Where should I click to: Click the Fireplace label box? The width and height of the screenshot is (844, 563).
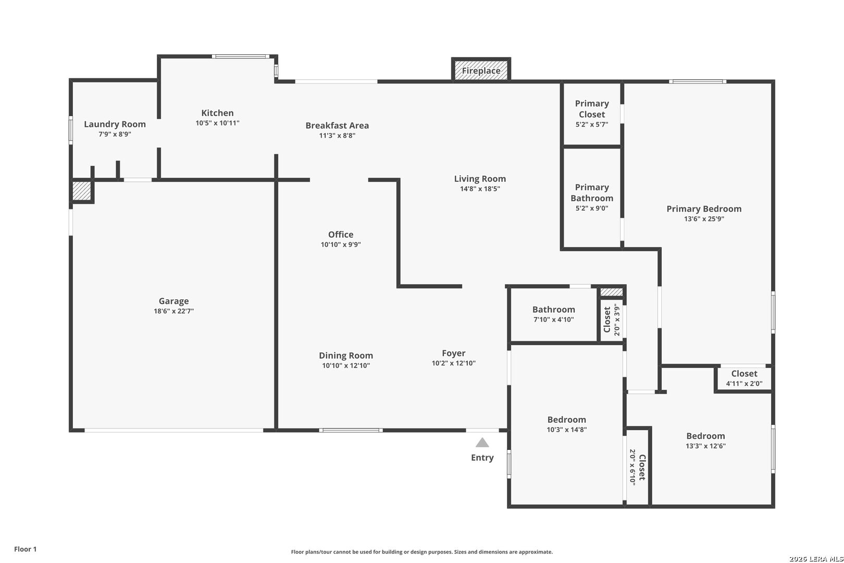[481, 70]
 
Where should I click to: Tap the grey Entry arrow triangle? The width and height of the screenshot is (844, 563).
[482, 443]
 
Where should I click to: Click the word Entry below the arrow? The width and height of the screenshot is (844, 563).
[482, 458]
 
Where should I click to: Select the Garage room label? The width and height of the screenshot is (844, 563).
[173, 301]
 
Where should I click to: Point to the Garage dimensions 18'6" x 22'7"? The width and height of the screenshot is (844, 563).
[173, 311]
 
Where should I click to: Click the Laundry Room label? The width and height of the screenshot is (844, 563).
[115, 124]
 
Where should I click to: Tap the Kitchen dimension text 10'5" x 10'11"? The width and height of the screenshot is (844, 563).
[217, 123]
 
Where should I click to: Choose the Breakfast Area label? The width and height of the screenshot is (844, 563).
[337, 125]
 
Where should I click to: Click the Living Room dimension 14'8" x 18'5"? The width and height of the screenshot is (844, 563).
[480, 189]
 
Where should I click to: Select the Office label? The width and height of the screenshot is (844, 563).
[341, 235]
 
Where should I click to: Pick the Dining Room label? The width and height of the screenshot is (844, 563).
[346, 356]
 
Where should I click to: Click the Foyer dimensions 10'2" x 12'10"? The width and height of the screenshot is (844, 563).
[453, 363]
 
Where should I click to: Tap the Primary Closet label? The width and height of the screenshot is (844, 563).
[592, 109]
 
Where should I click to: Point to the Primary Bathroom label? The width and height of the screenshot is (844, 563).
[592, 193]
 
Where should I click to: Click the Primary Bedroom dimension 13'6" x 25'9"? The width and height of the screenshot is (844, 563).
[704, 219]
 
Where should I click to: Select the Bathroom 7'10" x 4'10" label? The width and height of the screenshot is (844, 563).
[553, 310]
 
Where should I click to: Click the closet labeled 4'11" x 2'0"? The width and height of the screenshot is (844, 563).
[744, 378]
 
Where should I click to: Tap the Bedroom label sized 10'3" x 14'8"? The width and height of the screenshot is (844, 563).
[566, 420]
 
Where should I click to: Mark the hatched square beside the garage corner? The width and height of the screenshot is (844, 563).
[81, 190]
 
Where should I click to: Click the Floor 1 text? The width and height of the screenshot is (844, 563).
[26, 549]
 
